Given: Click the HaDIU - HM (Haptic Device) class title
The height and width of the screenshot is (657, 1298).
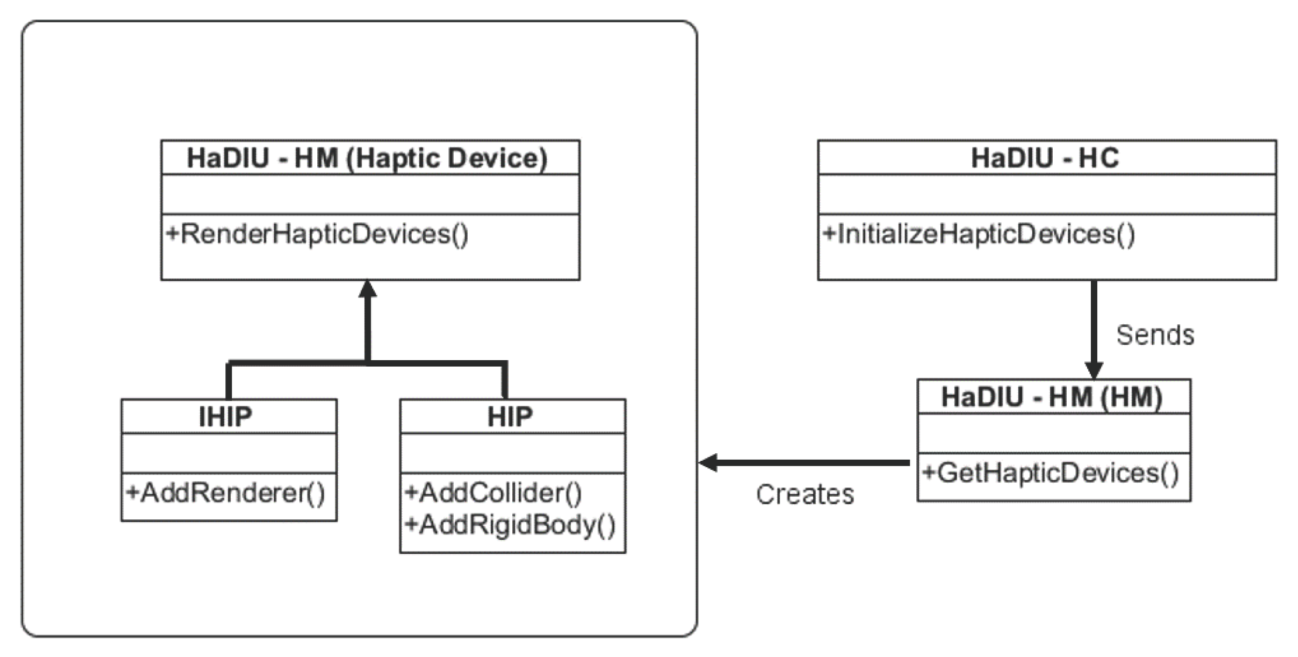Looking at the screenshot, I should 367,158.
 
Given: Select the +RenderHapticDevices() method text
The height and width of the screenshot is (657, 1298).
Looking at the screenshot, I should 317,234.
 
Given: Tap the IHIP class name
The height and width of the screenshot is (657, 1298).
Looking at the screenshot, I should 226,417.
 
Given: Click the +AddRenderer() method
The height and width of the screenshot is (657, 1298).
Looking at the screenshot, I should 226,492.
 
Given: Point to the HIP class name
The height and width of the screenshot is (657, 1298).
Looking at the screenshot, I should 510,417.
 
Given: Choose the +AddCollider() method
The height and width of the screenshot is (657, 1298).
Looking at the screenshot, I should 493,492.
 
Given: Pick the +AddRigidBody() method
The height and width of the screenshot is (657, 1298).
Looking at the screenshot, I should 510,525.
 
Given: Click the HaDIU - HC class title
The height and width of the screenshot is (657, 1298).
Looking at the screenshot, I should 1045,158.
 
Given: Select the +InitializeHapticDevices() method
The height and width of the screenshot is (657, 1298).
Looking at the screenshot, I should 979,234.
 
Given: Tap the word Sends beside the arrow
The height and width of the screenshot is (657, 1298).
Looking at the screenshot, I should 1155,336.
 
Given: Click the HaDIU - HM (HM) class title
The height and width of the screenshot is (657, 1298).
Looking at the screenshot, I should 1052,397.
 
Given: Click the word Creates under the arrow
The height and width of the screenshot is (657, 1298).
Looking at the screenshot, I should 804,495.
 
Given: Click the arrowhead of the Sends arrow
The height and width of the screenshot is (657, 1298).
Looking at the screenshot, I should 1094,370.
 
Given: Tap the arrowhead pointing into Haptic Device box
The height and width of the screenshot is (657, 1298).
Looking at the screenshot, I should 368,289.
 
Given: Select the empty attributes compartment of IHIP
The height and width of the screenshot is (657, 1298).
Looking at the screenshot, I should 229,453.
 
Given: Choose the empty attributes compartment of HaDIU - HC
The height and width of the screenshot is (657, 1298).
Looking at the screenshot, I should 1046,194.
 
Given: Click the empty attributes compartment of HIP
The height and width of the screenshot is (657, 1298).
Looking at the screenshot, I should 512,453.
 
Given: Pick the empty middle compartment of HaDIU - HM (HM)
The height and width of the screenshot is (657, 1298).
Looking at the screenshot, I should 1053,433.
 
